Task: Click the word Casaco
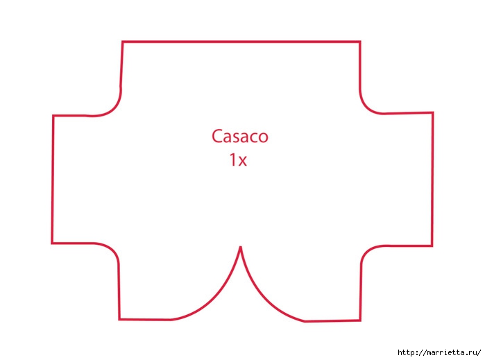(239, 137)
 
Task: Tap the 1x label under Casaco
(238, 160)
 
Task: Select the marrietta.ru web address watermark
(439, 352)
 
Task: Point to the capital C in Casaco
(217, 137)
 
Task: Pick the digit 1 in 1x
(232, 160)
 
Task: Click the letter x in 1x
(242, 162)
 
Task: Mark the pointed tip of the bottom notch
(240, 247)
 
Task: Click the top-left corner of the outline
(123, 42)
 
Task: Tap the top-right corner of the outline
(360, 42)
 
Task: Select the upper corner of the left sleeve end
(53, 116)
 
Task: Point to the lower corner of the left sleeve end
(52, 243)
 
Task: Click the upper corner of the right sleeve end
(433, 112)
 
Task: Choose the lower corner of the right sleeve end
(432, 246)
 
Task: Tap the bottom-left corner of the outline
(119, 319)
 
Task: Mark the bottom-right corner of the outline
(360, 320)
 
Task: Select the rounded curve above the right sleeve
(366, 107)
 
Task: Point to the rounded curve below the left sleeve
(112, 249)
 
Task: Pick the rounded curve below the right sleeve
(368, 250)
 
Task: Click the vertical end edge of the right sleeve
(432, 180)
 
